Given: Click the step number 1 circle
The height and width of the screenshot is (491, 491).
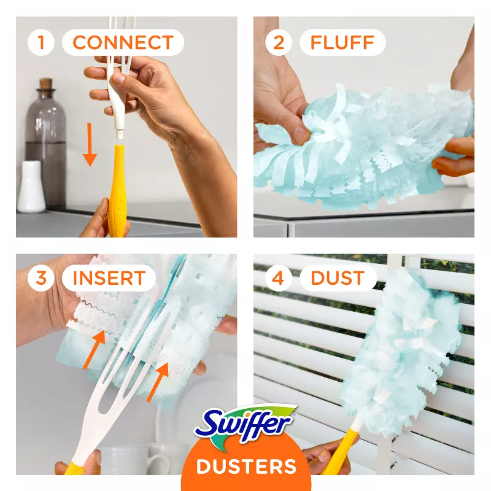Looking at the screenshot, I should pos(41,42).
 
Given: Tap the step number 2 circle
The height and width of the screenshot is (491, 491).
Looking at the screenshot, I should pos(279,42).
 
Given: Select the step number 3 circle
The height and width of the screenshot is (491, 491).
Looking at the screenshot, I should pos(41,278).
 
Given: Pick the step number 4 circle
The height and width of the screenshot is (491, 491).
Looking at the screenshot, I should pos(279,278).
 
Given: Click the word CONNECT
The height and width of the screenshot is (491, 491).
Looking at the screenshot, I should pos(123,42).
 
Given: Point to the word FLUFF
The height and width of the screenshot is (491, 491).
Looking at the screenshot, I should pos(342,42).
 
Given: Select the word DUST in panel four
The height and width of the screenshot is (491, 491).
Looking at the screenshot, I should pos(337,278).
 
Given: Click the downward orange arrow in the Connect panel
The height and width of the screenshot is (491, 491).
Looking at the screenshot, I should pos(90,145).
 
